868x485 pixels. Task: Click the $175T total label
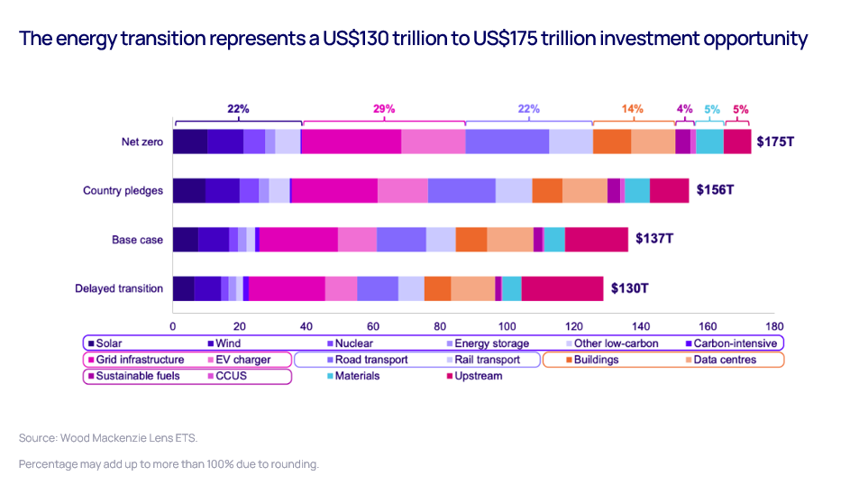[775, 142]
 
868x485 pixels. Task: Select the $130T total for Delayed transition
[630, 288]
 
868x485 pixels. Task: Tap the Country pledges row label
[123, 191]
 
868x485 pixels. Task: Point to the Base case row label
[137, 240]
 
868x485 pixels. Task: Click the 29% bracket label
[384, 109]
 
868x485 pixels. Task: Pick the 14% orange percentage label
[632, 109]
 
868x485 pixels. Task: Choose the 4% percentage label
[684, 109]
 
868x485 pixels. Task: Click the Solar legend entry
[109, 343]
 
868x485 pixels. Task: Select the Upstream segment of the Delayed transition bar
[562, 288]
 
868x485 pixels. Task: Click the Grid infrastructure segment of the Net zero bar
[352, 142]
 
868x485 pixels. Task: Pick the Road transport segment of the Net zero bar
[507, 142]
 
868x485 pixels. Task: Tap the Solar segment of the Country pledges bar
[188, 191]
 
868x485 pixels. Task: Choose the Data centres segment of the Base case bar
[510, 240]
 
